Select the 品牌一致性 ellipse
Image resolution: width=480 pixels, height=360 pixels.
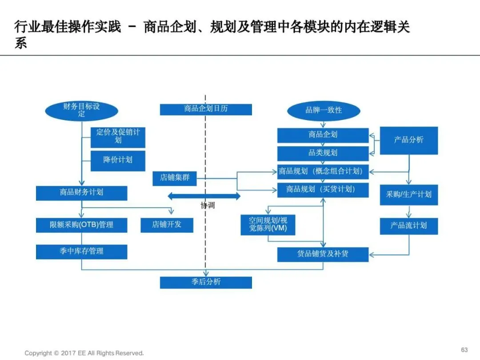323,110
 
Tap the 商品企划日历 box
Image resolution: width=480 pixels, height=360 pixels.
206,109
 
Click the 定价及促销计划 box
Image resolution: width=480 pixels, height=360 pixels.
118,136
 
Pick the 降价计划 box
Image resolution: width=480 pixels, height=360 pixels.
118,160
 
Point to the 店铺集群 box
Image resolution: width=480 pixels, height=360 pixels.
174,178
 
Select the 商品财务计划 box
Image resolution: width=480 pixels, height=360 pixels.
81,193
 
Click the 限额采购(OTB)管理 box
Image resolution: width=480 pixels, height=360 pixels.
81,225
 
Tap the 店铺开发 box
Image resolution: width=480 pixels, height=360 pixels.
167,225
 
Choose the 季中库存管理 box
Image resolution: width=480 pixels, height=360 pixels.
81,252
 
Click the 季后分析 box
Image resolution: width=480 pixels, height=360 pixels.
206,282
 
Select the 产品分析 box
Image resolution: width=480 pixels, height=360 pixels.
408,140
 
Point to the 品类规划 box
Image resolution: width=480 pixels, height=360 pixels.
323,153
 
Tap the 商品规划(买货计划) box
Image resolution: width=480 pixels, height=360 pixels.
323,190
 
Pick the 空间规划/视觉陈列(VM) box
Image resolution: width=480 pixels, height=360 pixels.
268,225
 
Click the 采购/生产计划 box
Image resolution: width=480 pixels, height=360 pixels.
408,195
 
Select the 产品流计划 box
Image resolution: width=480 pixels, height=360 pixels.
408,226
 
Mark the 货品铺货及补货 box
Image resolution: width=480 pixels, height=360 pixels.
323,254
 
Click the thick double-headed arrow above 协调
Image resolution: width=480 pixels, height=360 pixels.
204,196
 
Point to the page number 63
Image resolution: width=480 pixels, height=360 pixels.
464,349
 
